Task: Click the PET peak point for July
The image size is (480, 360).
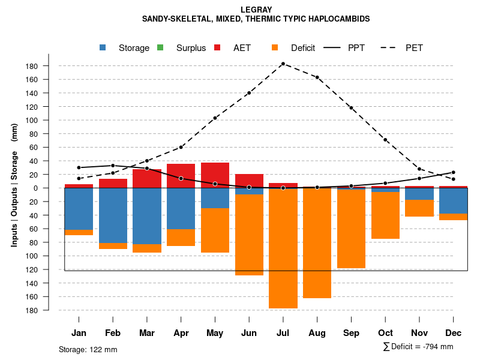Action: pos(283,64)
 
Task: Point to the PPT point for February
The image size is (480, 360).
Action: pos(113,166)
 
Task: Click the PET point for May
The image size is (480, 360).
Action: pos(215,118)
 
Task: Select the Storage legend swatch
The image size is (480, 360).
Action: pos(103,48)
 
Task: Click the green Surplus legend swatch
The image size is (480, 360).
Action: pos(160,48)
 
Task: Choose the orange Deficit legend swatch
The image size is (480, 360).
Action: pos(275,48)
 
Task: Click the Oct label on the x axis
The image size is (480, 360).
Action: pos(386,333)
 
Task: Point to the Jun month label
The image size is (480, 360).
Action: pos(249,333)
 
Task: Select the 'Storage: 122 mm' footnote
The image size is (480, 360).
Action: pos(88,349)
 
